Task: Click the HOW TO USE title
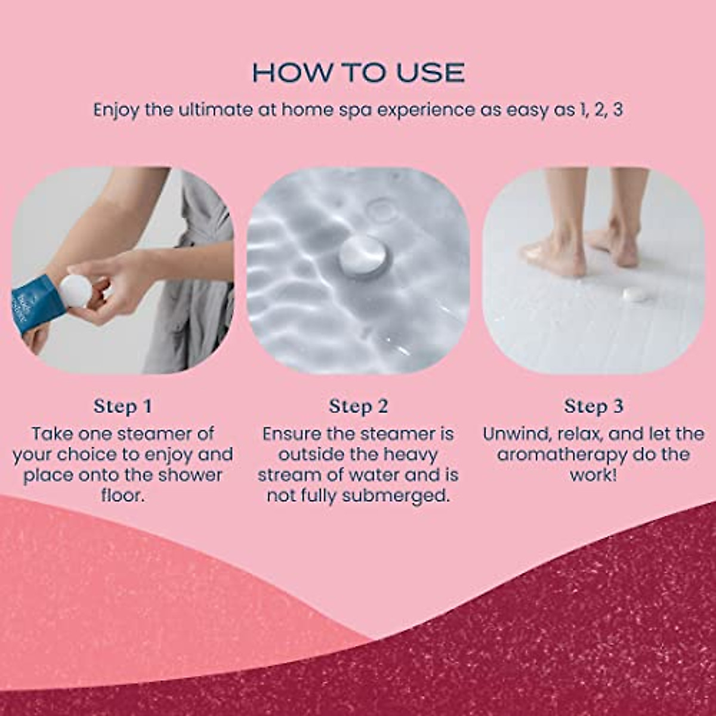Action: pos(358,73)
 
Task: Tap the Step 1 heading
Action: pos(123,407)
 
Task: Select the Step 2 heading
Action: pos(358,407)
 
